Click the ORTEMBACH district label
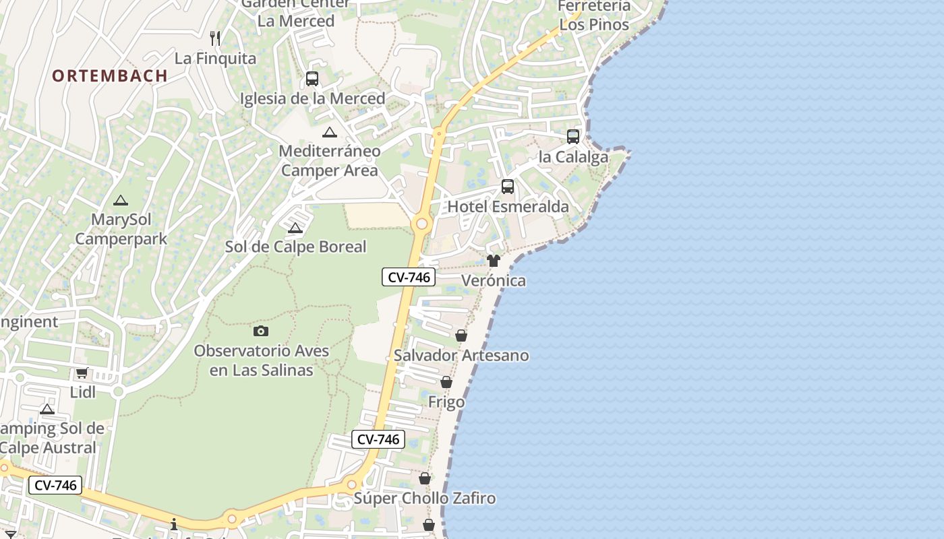[x=110, y=75]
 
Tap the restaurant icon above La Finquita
[x=215, y=38]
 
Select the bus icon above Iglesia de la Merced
[x=312, y=79]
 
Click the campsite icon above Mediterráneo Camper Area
[x=329, y=132]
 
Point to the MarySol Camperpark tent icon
[x=121, y=200]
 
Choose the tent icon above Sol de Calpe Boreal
[x=295, y=228]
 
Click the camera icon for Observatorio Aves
[x=261, y=331]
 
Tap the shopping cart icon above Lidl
[x=82, y=373]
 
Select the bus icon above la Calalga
[x=572, y=137]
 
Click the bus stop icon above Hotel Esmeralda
[x=508, y=187]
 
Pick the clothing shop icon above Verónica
[x=494, y=261]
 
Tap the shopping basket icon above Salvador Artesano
[x=461, y=336]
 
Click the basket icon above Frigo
[x=446, y=383]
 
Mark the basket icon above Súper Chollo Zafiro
[x=425, y=479]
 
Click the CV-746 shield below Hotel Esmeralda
[x=409, y=277]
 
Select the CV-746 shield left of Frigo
[x=378, y=439]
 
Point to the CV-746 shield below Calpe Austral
[x=55, y=485]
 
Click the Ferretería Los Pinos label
[x=594, y=15]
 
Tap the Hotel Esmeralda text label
[x=508, y=207]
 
